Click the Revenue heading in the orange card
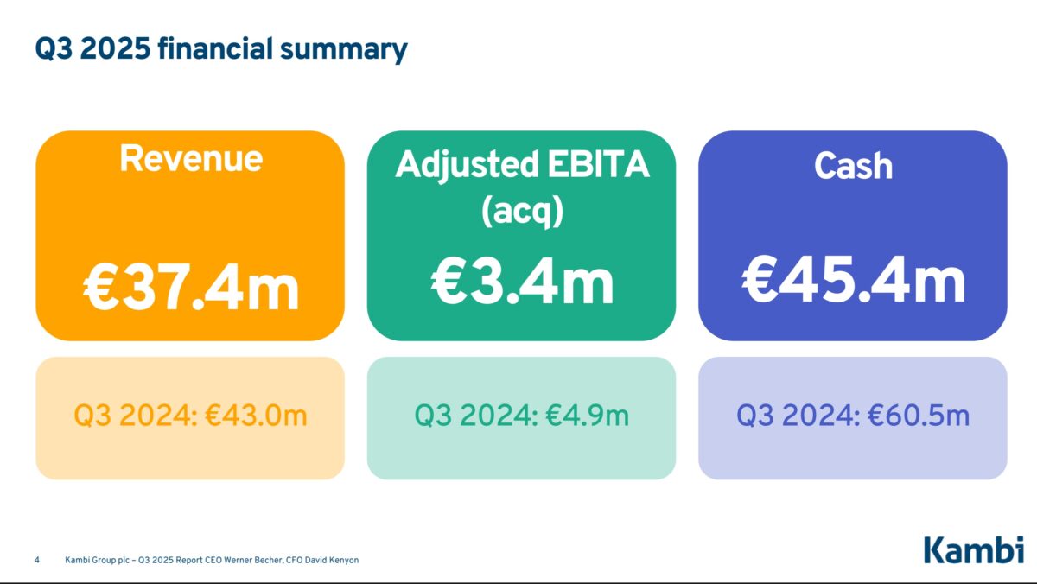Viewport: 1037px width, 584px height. [190, 159]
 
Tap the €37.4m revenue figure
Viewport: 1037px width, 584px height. [191, 288]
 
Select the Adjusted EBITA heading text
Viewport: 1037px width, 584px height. [522, 165]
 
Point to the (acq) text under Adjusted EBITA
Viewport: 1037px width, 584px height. [522, 210]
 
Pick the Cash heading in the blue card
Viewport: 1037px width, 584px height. [852, 165]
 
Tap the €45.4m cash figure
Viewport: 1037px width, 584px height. [853, 279]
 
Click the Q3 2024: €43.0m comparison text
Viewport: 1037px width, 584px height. [190, 416]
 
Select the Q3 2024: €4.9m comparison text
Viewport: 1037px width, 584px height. [522, 416]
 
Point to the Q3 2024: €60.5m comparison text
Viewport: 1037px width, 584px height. [853, 416]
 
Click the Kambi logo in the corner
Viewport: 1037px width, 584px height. [973, 550]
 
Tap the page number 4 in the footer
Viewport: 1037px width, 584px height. [37, 560]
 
